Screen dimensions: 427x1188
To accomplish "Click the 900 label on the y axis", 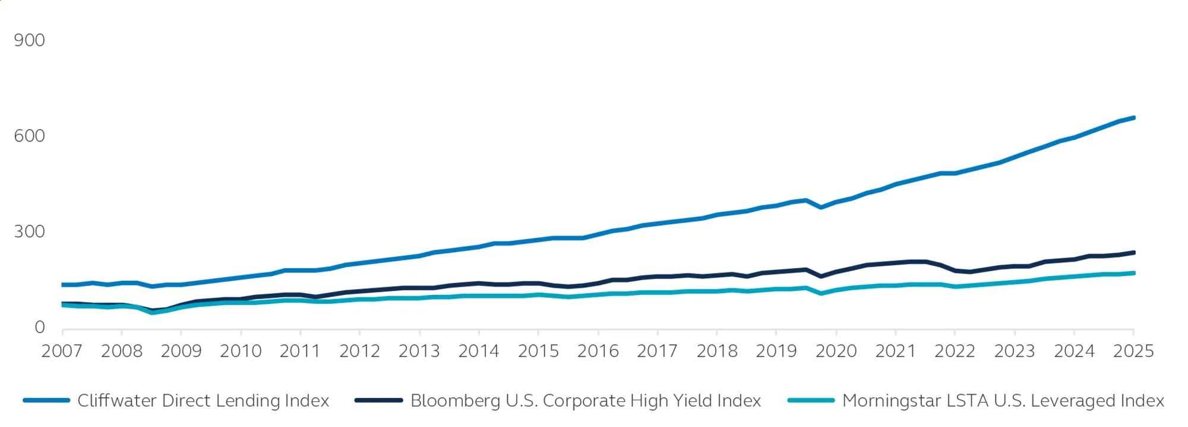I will pyautogui.click(x=29, y=40).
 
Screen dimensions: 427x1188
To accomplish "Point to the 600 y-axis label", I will pyautogui.click(x=29, y=136).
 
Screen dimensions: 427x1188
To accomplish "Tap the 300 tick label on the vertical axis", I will pyautogui.click(x=29, y=231).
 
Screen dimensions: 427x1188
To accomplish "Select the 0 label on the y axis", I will pyautogui.click(x=39, y=326).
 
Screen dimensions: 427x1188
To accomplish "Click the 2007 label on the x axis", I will pyautogui.click(x=62, y=351).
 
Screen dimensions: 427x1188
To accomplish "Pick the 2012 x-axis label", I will pyautogui.click(x=359, y=351).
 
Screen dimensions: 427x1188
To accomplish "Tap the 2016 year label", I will pyautogui.click(x=598, y=351).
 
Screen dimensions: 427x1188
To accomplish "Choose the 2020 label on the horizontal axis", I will pyautogui.click(x=836, y=351).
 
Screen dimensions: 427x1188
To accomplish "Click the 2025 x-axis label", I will pyautogui.click(x=1133, y=351).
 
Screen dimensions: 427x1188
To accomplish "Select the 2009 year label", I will pyautogui.click(x=181, y=351).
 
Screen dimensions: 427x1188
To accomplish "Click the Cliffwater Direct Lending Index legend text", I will pyautogui.click(x=203, y=400).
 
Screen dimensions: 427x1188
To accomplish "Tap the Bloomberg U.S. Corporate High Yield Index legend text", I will pyautogui.click(x=586, y=400).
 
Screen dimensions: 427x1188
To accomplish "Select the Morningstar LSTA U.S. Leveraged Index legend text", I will pyautogui.click(x=1003, y=400).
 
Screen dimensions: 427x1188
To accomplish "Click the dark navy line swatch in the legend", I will pyautogui.click(x=378, y=400).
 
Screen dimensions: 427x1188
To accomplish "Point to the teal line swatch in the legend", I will pyautogui.click(x=811, y=400).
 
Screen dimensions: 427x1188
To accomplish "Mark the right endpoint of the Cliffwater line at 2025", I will pyautogui.click(x=1133, y=118).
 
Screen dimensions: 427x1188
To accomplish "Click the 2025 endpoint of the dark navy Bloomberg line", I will pyautogui.click(x=1133, y=253).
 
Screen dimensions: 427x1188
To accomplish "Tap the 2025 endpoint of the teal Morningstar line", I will pyautogui.click(x=1133, y=273).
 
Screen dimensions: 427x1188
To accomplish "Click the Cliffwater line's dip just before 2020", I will pyautogui.click(x=821, y=208).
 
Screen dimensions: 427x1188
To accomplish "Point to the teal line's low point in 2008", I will pyautogui.click(x=152, y=313).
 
